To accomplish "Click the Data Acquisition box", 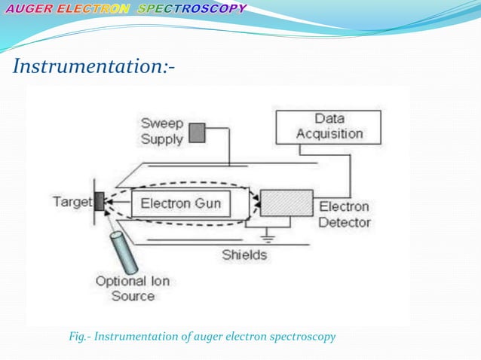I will pos(329,127).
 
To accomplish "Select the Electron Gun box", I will pos(181,203).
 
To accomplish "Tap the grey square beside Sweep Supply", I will pos(196,133).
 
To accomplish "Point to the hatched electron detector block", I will pos(286,203).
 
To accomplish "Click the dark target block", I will pos(99,200).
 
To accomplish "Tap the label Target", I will pos(72,201).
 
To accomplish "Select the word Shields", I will pos(244,255).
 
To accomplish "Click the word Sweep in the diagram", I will pos(161,123).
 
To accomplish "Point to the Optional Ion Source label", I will pos(133,288).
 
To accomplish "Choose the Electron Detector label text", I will pos(344,214).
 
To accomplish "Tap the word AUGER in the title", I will pos(29,9).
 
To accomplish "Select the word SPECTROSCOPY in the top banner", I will pos(203,9).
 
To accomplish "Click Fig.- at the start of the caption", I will pos(81,336).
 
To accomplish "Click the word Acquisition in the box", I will pos(329,134).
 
